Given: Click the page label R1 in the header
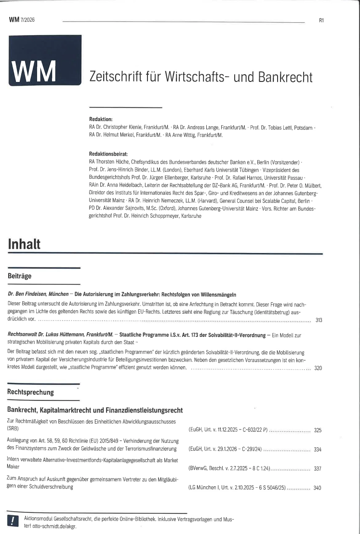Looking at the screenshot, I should pyautogui.click(x=321, y=20).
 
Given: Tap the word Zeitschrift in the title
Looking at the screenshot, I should pyautogui.click(x=112, y=77).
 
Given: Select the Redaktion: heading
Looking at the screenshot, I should pyautogui.click(x=101, y=119).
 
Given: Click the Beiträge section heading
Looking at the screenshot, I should pyautogui.click(x=20, y=276).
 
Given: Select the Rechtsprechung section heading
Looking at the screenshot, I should pyautogui.click(x=30, y=392).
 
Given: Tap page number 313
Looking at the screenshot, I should pyautogui.click(x=318, y=320).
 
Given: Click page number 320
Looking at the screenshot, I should pyautogui.click(x=318, y=368).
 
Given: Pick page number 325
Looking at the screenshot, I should pyautogui.click(x=318, y=430).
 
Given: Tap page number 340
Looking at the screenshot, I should pyautogui.click(x=318, y=488).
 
